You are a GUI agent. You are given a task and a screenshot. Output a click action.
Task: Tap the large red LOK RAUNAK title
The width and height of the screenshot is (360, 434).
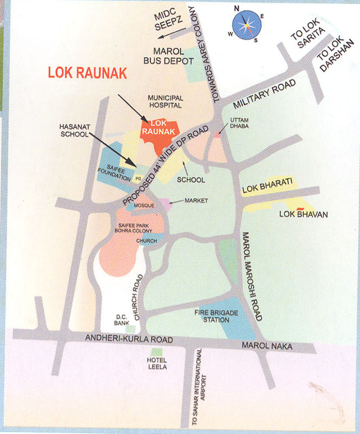coord(86,73)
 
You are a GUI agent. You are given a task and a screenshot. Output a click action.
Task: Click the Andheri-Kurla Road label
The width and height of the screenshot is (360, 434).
coord(125,339)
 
